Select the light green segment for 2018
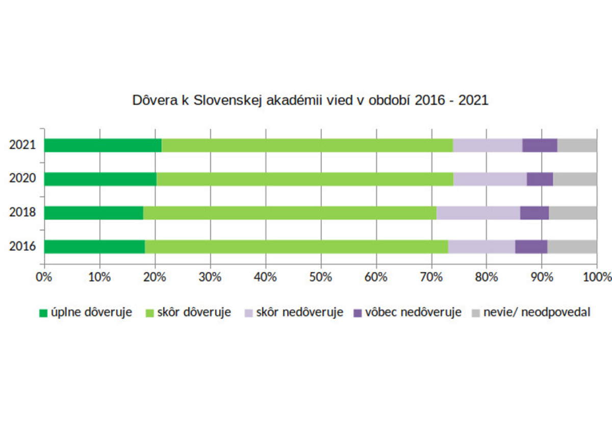pyautogui.click(x=290, y=213)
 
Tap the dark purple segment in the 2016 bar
pyautogui.click(x=531, y=247)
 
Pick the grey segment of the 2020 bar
pyautogui.click(x=575, y=179)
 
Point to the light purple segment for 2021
pyautogui.click(x=488, y=145)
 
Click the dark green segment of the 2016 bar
pyautogui.click(x=94, y=247)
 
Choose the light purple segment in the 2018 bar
pyautogui.click(x=478, y=213)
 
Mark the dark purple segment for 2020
pyautogui.click(x=540, y=179)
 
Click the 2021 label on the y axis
pyautogui.click(x=22, y=145)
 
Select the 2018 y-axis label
pyautogui.click(x=22, y=212)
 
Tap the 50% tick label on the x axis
pyautogui.click(x=321, y=278)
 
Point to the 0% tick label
pyautogui.click(x=45, y=278)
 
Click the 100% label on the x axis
pyautogui.click(x=596, y=278)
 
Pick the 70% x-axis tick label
pyautogui.click(x=431, y=278)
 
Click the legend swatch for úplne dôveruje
pyautogui.click(x=43, y=313)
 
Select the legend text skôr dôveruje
pyautogui.click(x=194, y=312)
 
